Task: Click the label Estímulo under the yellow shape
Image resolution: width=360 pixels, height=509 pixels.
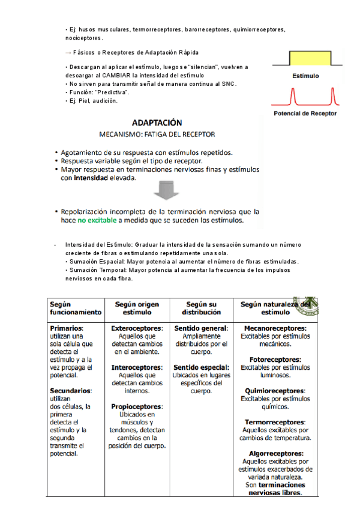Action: tap(305, 76)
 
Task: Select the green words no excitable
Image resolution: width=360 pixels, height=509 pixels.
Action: tap(98, 220)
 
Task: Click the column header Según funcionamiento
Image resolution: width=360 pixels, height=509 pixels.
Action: tap(76, 308)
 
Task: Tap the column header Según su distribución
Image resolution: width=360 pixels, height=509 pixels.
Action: tap(201, 308)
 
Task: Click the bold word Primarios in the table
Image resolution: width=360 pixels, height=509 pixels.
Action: tap(66, 328)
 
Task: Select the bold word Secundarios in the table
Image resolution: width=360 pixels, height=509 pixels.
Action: tap(70, 390)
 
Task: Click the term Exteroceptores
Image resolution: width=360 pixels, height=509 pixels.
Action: tap(137, 328)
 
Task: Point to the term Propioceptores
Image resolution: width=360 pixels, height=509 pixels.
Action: tap(137, 406)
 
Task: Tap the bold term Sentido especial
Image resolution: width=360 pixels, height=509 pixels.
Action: tap(201, 367)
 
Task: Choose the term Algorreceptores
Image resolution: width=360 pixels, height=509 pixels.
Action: tap(275, 453)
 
